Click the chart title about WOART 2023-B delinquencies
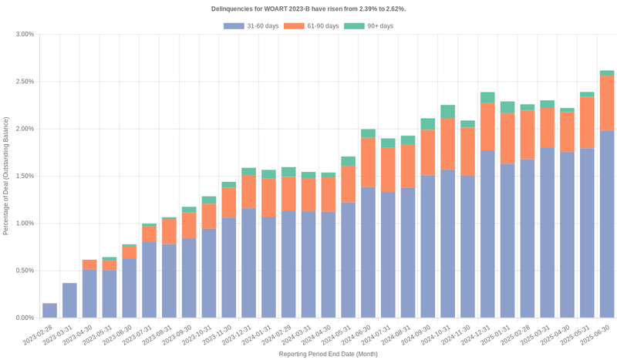coord(308,8)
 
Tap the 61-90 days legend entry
coord(311,26)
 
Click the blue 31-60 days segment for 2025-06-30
coord(607,224)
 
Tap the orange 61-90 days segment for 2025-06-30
coord(607,103)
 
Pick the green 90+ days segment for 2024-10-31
coord(447,112)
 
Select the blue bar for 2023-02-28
coord(49,311)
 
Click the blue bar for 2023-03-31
coord(69,301)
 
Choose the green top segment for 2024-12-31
coord(487,98)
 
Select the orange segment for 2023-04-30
coord(89,264)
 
